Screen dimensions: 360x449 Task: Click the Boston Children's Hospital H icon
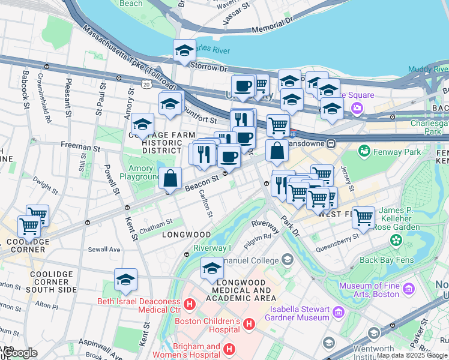pyautogui.click(x=249, y=324)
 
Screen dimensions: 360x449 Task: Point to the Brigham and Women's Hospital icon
pyautogui.click(x=229, y=349)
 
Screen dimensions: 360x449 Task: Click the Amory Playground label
pyautogui.click(x=139, y=173)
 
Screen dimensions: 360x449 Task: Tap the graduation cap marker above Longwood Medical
pyautogui.click(x=212, y=268)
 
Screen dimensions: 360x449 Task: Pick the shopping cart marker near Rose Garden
pyautogui.click(x=363, y=218)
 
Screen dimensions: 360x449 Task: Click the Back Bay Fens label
pyautogui.click(x=384, y=260)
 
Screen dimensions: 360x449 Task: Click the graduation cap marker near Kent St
pyautogui.click(x=125, y=279)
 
